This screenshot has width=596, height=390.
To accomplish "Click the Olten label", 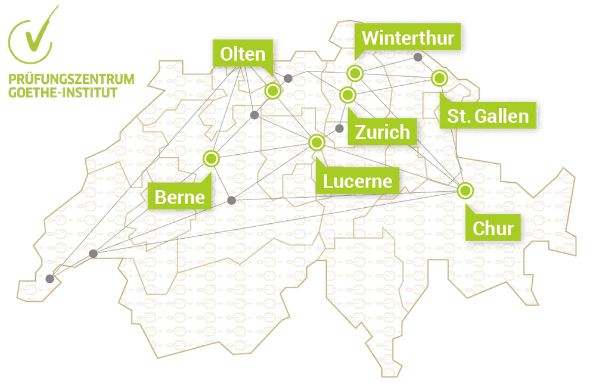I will point(243,54).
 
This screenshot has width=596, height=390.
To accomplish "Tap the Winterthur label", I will point(408,39).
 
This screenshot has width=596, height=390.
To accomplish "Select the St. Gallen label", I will point(488,115).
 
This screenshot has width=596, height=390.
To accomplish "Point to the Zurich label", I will point(383,132).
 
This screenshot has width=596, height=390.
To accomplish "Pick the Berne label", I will point(179,196).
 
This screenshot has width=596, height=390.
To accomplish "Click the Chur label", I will point(493,227).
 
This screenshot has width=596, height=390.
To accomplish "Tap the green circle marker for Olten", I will point(273,91).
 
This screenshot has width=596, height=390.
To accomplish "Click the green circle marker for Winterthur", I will point(355,74).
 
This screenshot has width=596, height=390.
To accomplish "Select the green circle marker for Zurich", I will point(347,95).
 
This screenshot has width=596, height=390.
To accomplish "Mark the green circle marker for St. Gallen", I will point(439,78).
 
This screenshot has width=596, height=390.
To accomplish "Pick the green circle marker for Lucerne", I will point(316,142).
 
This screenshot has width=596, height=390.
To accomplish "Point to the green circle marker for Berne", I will point(211,158).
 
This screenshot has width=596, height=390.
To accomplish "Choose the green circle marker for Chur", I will point(465,191).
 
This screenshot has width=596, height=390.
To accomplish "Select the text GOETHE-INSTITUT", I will point(63,92).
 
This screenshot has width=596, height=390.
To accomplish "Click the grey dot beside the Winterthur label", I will point(418,57).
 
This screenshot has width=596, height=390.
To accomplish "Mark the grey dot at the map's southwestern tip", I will point(49,278).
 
